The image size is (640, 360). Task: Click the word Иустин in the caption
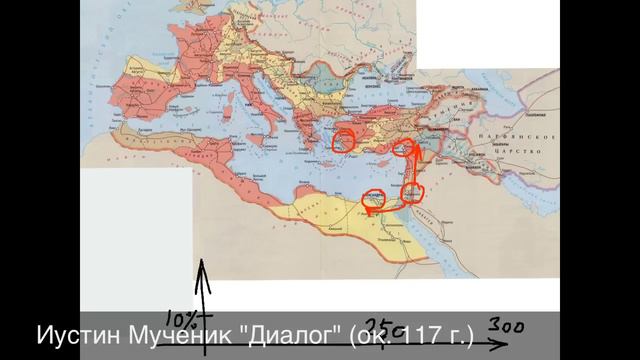(x=75, y=332)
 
